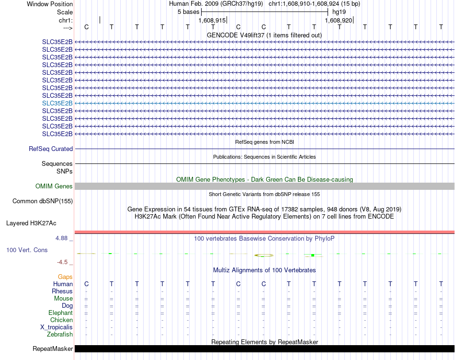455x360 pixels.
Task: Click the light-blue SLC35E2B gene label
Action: [57, 103]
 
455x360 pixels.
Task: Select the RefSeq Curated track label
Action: [51, 149]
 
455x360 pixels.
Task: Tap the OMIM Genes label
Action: [54, 186]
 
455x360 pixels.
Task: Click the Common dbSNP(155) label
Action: [43, 201]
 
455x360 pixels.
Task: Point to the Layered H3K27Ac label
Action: [31, 223]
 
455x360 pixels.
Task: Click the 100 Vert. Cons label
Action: [27, 250]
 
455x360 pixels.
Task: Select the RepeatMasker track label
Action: [53, 348]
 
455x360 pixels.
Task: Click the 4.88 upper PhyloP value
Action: [63, 238]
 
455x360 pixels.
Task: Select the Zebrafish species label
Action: [60, 335]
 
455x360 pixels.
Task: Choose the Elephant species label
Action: [60, 313]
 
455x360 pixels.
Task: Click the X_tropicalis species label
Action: [57, 327]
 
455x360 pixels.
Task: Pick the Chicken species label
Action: [61, 320]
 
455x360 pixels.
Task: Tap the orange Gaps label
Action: [65, 277]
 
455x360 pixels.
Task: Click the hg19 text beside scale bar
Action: [339, 12]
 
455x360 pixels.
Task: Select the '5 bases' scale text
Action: [188, 12]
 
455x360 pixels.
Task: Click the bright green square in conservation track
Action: [312, 255]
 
